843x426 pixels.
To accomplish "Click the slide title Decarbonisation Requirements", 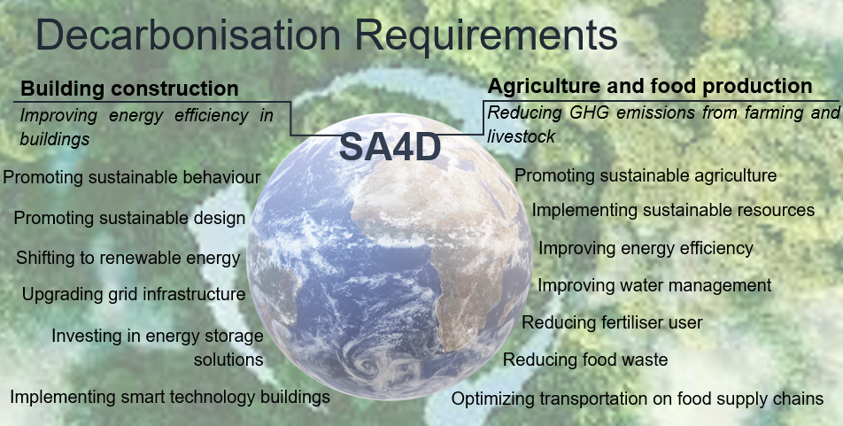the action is (327, 35).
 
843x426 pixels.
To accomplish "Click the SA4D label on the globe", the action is (390, 147).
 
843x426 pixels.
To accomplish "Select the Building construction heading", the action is (129, 89).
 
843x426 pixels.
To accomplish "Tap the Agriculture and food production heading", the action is (649, 86).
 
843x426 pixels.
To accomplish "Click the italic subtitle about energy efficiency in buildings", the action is (146, 127).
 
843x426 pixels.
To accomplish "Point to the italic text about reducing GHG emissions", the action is (663, 124).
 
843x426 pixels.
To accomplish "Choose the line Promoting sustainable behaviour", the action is (132, 177).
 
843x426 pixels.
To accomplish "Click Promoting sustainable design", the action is (129, 218).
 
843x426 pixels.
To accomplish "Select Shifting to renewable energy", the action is (128, 258).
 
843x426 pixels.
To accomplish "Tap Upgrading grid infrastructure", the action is (134, 294).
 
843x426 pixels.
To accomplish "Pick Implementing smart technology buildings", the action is (170, 397).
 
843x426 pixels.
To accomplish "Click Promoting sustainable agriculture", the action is (646, 175).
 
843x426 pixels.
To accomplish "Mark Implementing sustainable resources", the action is (673, 210).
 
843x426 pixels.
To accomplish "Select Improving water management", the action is (654, 285).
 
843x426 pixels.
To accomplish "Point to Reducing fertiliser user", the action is (612, 322).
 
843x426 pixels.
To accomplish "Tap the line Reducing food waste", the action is (585, 360).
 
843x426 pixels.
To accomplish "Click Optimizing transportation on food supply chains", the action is (637, 399).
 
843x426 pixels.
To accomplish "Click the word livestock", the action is (521, 136).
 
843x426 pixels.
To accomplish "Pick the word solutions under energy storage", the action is (228, 360).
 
